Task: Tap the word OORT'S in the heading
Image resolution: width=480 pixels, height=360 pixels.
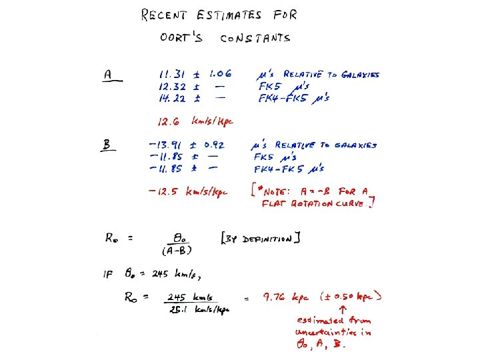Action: click(x=181, y=38)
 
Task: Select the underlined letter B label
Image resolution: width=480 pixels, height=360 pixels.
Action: click(x=106, y=145)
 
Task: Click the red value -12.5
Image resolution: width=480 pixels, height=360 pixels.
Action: click(x=164, y=192)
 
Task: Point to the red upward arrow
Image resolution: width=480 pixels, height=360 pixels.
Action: click(x=342, y=310)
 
